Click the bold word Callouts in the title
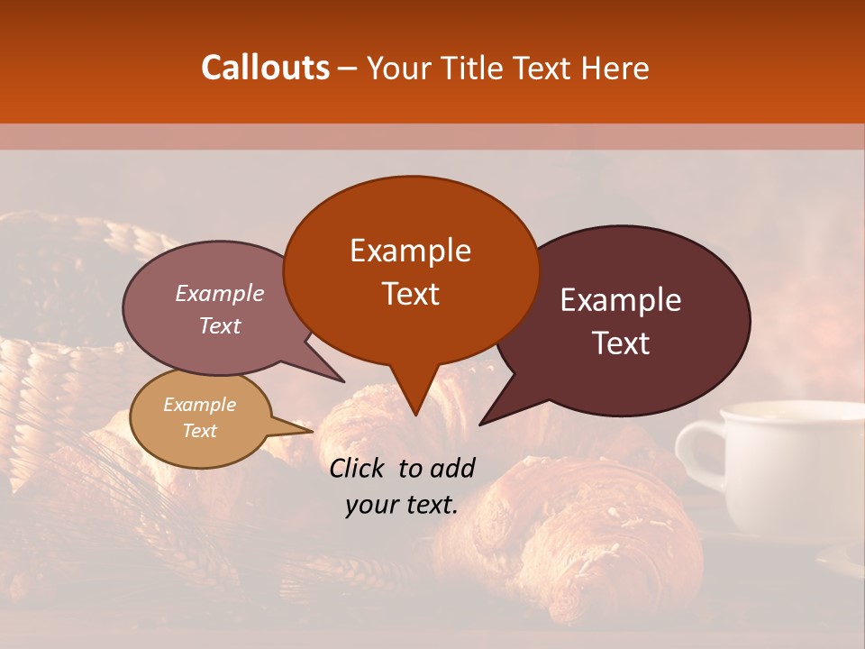[266, 68]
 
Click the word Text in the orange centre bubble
[410, 293]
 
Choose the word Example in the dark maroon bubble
[621, 300]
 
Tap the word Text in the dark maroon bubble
[621, 343]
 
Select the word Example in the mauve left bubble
[220, 293]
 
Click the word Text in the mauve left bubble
[220, 325]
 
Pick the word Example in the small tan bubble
[200, 405]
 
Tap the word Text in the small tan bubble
[200, 431]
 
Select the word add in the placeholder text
[452, 468]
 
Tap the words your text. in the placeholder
[402, 506]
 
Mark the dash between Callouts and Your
[348, 69]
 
